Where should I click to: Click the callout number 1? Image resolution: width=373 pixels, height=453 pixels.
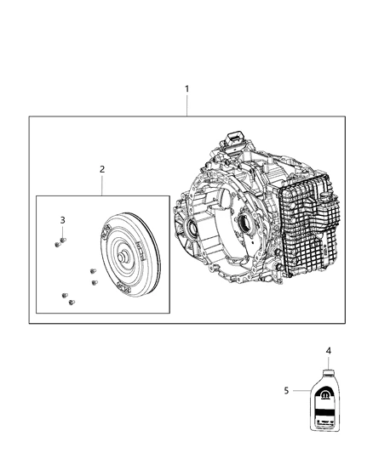(x=187, y=88)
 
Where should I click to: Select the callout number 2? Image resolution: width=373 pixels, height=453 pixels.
(x=101, y=169)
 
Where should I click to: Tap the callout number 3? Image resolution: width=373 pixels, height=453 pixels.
(x=62, y=220)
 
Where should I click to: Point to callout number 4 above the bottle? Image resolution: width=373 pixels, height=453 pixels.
(x=327, y=349)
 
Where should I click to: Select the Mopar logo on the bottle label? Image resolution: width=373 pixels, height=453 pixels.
(x=328, y=395)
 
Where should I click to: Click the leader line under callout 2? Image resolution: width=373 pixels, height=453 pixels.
(x=101, y=184)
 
